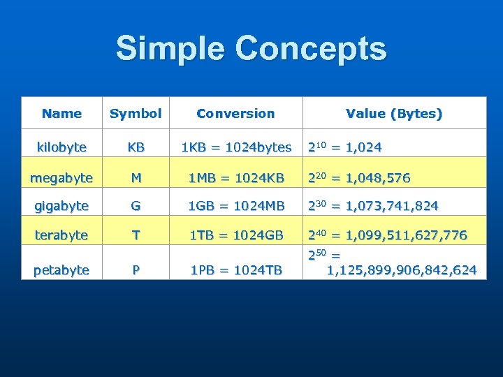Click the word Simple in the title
(x=171, y=50)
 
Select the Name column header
(x=61, y=113)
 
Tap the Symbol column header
(x=136, y=113)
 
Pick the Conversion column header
(x=235, y=113)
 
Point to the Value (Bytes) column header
(x=394, y=113)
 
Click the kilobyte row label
(x=61, y=147)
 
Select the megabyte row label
(x=61, y=177)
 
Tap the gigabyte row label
(x=61, y=206)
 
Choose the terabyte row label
(x=61, y=235)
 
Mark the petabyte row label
(x=61, y=269)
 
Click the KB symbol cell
(x=136, y=147)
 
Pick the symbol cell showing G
(x=136, y=206)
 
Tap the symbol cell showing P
(x=136, y=269)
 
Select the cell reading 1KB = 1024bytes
(x=235, y=147)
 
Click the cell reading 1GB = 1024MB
(x=235, y=206)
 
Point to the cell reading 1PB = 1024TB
(x=235, y=269)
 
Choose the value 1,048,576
(x=378, y=178)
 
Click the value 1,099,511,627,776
(x=407, y=235)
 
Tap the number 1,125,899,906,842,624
(x=402, y=269)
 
